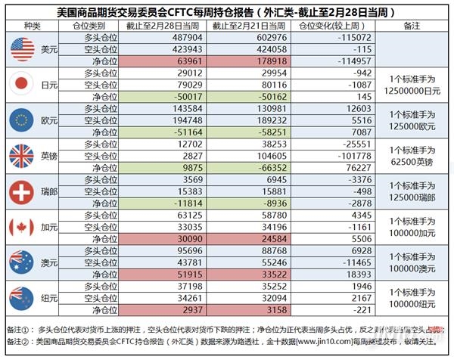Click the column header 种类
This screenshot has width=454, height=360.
[31, 25]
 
